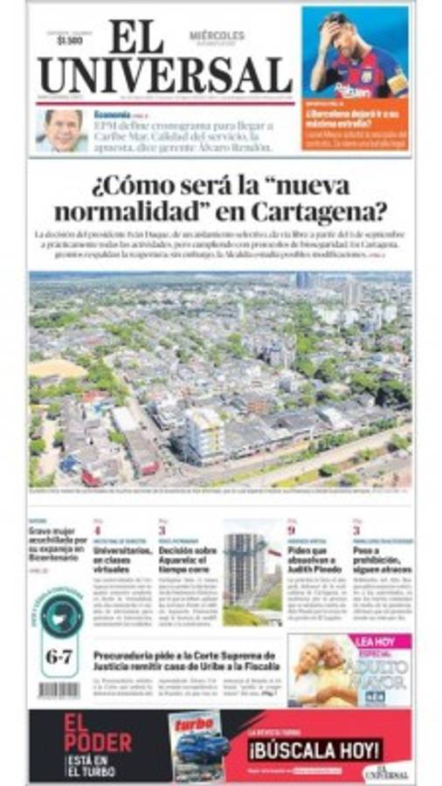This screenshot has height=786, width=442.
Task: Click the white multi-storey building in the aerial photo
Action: tap(204, 434)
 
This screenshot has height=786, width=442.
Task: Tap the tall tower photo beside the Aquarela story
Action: tap(251, 572)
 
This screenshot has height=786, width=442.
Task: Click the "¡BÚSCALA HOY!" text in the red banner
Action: tap(315, 748)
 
